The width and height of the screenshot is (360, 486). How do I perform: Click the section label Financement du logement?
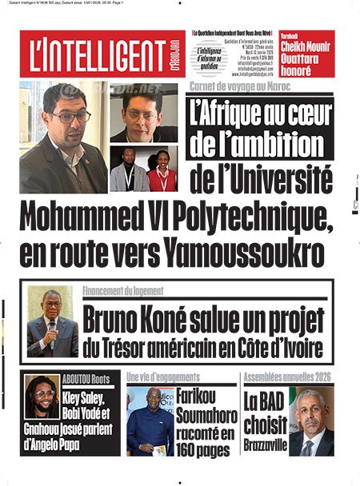coord(123,291)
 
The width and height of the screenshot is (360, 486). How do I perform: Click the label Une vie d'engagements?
coord(165,376)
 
